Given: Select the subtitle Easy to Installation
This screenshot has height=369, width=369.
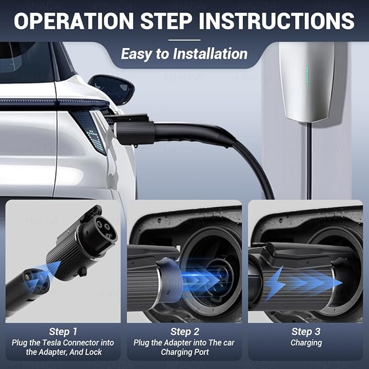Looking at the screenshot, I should click(x=184, y=54).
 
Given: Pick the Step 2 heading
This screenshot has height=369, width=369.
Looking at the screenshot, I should click(x=184, y=331).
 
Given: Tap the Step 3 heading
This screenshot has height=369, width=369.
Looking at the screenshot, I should click(x=306, y=331).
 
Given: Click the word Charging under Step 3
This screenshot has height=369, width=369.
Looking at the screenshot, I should click(x=306, y=343).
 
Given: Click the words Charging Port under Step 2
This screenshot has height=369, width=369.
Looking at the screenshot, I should click(x=184, y=352).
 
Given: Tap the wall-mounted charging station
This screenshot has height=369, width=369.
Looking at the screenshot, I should click(x=306, y=82).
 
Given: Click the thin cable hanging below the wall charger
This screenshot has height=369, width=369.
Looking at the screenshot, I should click(x=309, y=163).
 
